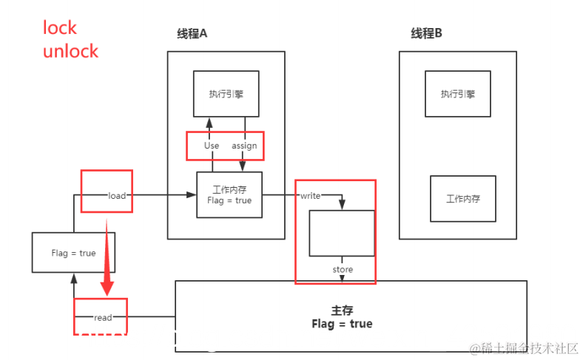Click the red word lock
(x=60, y=28)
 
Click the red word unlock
(x=70, y=52)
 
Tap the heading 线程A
(x=192, y=33)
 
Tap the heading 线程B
(x=426, y=33)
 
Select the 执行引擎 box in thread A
(x=226, y=94)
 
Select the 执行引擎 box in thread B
(x=458, y=94)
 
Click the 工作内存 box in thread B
(x=463, y=199)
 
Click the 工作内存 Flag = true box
(x=229, y=195)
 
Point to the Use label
(x=212, y=146)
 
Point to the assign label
(x=244, y=146)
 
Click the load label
(x=117, y=196)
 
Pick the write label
(x=310, y=196)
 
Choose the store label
(x=343, y=270)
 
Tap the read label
(x=103, y=317)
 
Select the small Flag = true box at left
(x=74, y=253)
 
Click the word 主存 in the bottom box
(x=342, y=311)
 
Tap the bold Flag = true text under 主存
(x=342, y=324)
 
